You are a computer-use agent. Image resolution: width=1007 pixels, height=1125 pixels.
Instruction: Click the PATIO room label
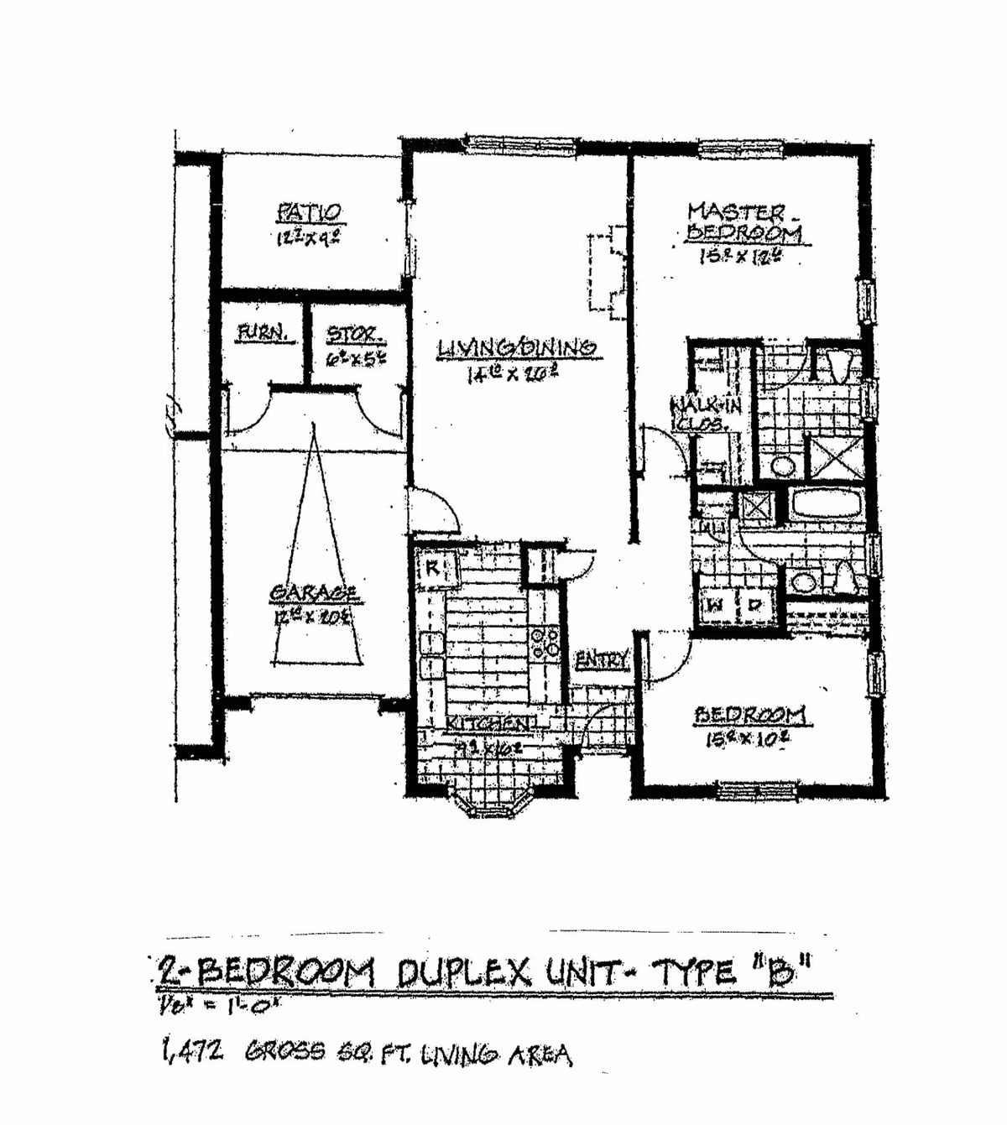click(x=310, y=212)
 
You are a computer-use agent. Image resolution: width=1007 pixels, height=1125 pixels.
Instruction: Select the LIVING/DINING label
click(x=517, y=347)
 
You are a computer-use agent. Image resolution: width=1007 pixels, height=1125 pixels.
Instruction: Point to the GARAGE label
click(x=315, y=593)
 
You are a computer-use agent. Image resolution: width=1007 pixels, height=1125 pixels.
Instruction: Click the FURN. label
click(x=265, y=333)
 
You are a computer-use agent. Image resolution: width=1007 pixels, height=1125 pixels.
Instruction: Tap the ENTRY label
click(x=601, y=659)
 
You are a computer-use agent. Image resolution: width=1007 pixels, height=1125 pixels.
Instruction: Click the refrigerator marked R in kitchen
click(x=434, y=567)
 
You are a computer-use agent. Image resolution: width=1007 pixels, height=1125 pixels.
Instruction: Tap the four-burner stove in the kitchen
click(x=545, y=643)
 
